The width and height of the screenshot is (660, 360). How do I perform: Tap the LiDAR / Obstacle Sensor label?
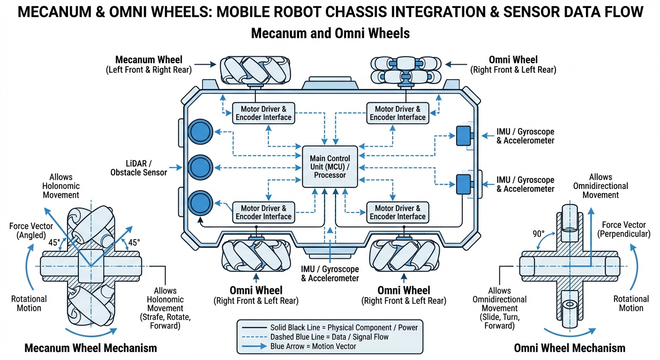[139, 168]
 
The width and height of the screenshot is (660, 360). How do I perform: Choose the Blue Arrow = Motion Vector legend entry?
[313, 346]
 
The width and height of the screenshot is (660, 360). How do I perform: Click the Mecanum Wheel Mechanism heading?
[90, 348]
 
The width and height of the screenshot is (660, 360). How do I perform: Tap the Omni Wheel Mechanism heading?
[570, 348]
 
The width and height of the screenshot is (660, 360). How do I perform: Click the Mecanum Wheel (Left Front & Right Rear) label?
[149, 64]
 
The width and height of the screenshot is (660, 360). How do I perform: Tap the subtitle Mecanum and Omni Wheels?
[330, 34]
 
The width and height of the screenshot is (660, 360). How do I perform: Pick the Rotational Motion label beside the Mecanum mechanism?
[29, 303]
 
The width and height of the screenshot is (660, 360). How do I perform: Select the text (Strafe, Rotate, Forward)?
[165, 322]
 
